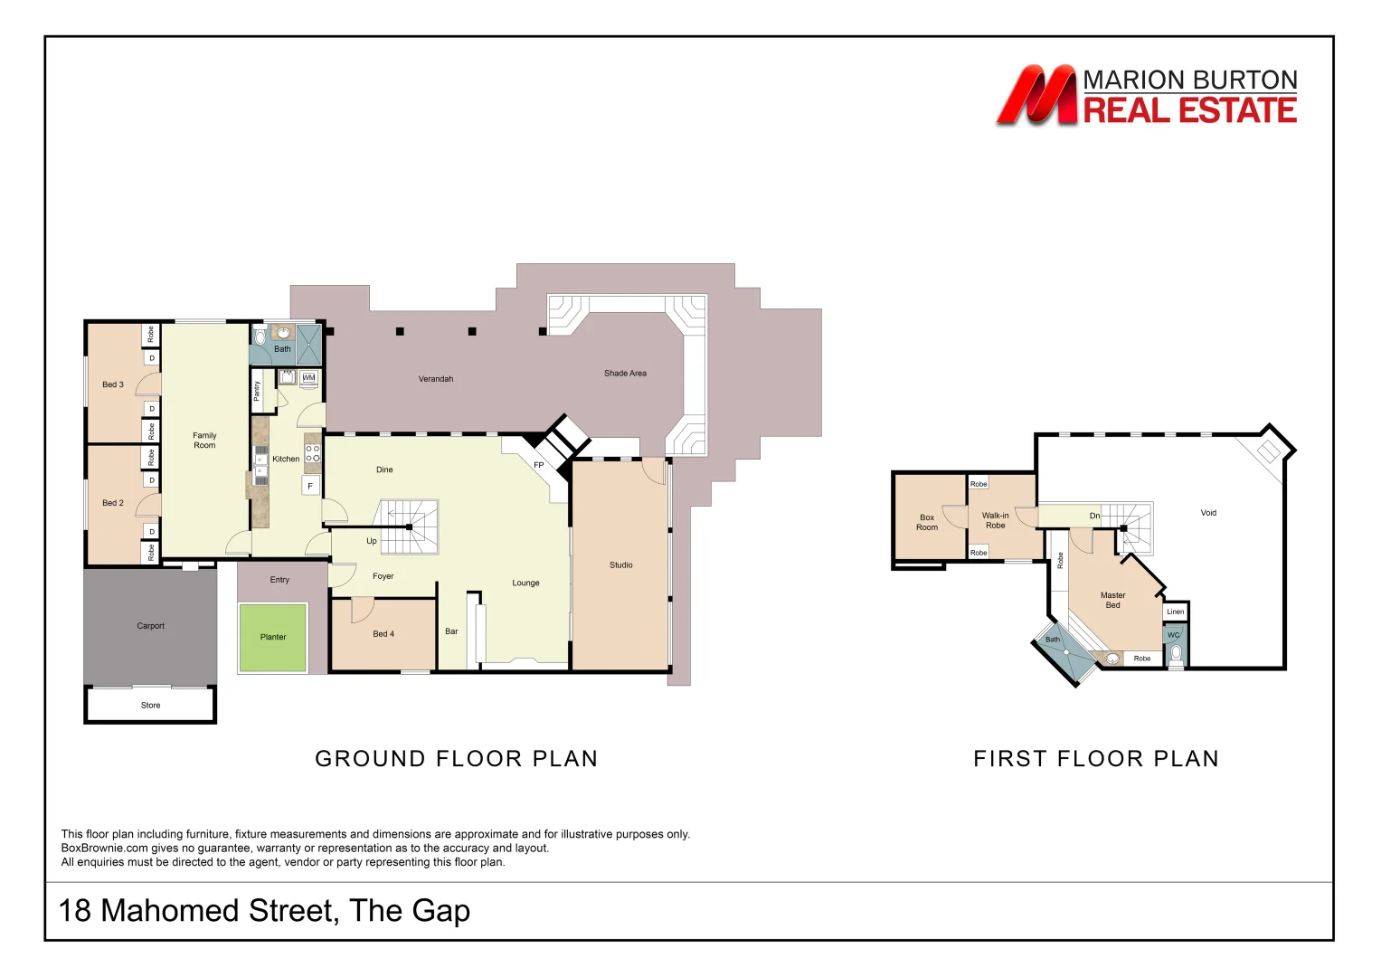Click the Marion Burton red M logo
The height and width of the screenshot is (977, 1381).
(1036, 95)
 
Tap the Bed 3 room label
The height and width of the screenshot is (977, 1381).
(113, 384)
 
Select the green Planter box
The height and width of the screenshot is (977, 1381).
(273, 638)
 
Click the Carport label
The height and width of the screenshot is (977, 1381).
(150, 626)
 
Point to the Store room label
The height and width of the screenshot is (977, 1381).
(150, 706)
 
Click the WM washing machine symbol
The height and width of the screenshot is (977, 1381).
(309, 377)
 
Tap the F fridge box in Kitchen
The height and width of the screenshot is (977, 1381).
(310, 487)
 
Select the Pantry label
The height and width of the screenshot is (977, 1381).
(257, 391)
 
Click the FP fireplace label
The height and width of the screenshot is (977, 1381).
(539, 466)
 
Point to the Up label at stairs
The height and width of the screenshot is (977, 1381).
(372, 541)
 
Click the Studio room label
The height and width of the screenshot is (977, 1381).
(620, 565)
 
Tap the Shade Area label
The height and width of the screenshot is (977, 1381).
(625, 374)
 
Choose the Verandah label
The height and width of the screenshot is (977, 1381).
(436, 379)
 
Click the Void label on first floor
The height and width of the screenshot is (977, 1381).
(1208, 513)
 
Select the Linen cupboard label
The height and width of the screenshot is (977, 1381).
(1175, 612)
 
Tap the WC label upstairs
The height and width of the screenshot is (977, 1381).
(1173, 635)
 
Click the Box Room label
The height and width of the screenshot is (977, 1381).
(927, 523)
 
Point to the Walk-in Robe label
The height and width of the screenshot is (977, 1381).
(995, 520)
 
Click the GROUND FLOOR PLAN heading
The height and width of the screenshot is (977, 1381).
(456, 759)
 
